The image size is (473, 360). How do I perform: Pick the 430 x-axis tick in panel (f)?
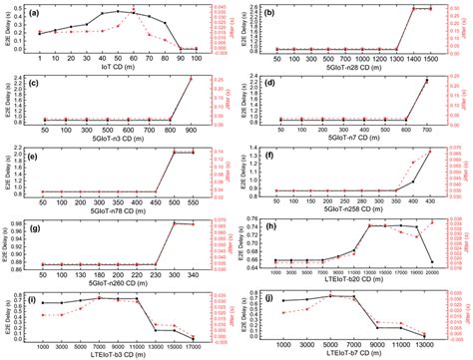pyautogui.click(x=429, y=202)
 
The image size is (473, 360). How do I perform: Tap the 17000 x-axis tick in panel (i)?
pyautogui.click(x=193, y=344)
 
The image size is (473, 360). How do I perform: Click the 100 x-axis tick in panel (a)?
pyautogui.click(x=194, y=60)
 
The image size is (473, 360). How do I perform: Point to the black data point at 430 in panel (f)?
pyautogui.click(x=429, y=151)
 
